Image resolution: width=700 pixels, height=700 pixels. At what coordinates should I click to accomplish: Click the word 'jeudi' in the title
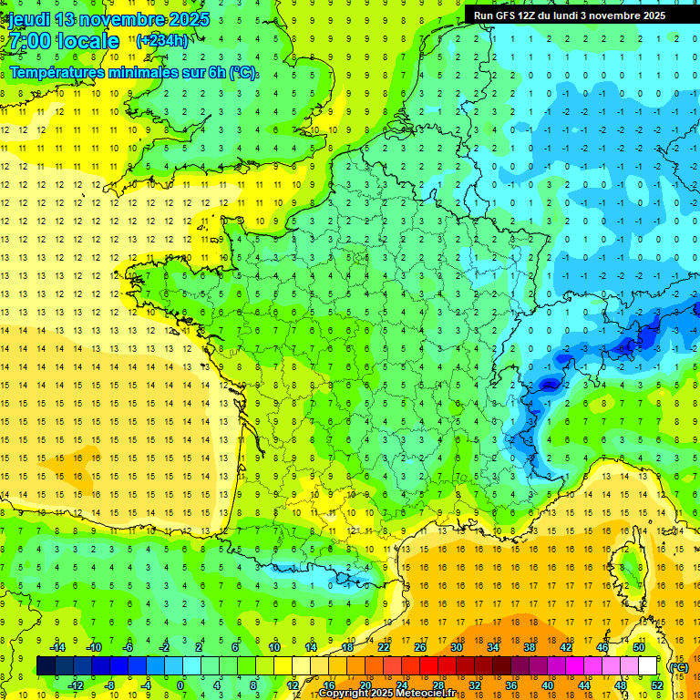click(29, 19)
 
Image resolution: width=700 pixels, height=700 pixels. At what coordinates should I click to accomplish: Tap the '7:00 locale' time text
click(63, 41)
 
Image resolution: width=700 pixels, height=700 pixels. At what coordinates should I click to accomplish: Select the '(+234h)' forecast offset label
click(162, 40)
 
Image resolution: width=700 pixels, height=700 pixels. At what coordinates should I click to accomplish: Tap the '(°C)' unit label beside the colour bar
click(678, 667)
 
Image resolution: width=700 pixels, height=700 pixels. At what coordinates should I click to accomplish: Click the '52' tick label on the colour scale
click(657, 685)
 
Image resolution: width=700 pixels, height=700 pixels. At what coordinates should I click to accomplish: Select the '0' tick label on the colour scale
click(181, 685)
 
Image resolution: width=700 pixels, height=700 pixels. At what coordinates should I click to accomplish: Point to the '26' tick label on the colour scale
click(420, 647)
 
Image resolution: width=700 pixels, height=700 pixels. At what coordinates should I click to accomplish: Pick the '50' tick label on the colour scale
click(639, 647)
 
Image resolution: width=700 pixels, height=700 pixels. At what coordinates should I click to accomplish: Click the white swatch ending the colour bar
click(648, 666)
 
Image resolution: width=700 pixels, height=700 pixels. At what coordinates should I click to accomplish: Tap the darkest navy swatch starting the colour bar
click(46, 666)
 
